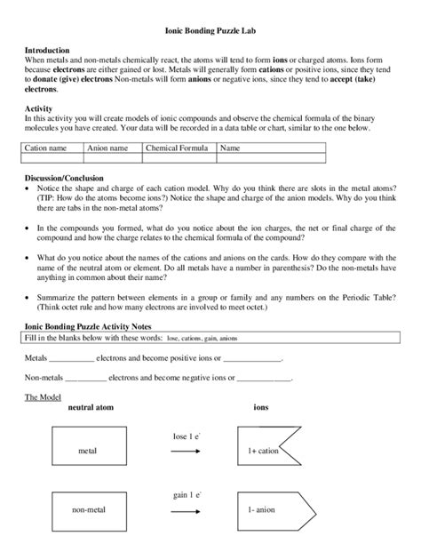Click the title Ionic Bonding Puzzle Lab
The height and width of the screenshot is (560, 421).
coord(210,29)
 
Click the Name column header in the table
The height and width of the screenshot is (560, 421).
coord(231,148)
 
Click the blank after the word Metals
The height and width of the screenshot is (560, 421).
coord(71,360)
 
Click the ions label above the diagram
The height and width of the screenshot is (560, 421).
coord(261,407)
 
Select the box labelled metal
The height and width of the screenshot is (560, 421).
coord(87,451)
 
